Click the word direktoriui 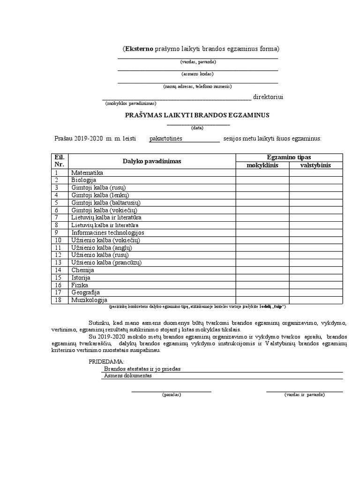coord(268,97)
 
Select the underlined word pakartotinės coord(165,139)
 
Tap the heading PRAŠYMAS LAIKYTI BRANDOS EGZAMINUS coord(197,115)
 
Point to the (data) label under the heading coord(197,127)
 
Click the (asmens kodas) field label coord(197,74)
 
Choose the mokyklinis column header coord(262,165)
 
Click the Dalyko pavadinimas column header coord(151,161)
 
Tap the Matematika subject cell coord(87,173)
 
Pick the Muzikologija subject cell coord(89,300)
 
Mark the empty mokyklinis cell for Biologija coord(262,180)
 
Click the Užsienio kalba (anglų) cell coord(102,247)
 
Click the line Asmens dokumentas coord(127,376)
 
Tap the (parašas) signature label coord(171,395)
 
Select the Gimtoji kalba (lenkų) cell coord(100,195)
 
